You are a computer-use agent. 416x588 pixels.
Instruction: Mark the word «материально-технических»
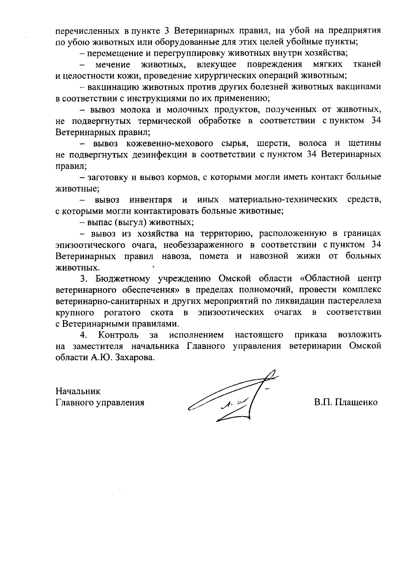283,200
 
